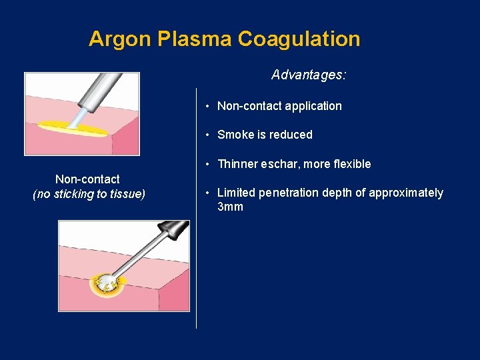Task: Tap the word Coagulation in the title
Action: click(x=299, y=39)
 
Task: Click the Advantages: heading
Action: click(x=309, y=75)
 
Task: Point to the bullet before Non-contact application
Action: click(x=208, y=107)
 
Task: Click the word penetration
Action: click(x=291, y=193)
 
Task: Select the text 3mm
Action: click(x=230, y=207)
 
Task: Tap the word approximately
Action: click(x=407, y=193)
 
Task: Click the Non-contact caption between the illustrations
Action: click(x=87, y=179)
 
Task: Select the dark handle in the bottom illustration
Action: click(x=175, y=230)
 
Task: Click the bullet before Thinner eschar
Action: click(x=208, y=165)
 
